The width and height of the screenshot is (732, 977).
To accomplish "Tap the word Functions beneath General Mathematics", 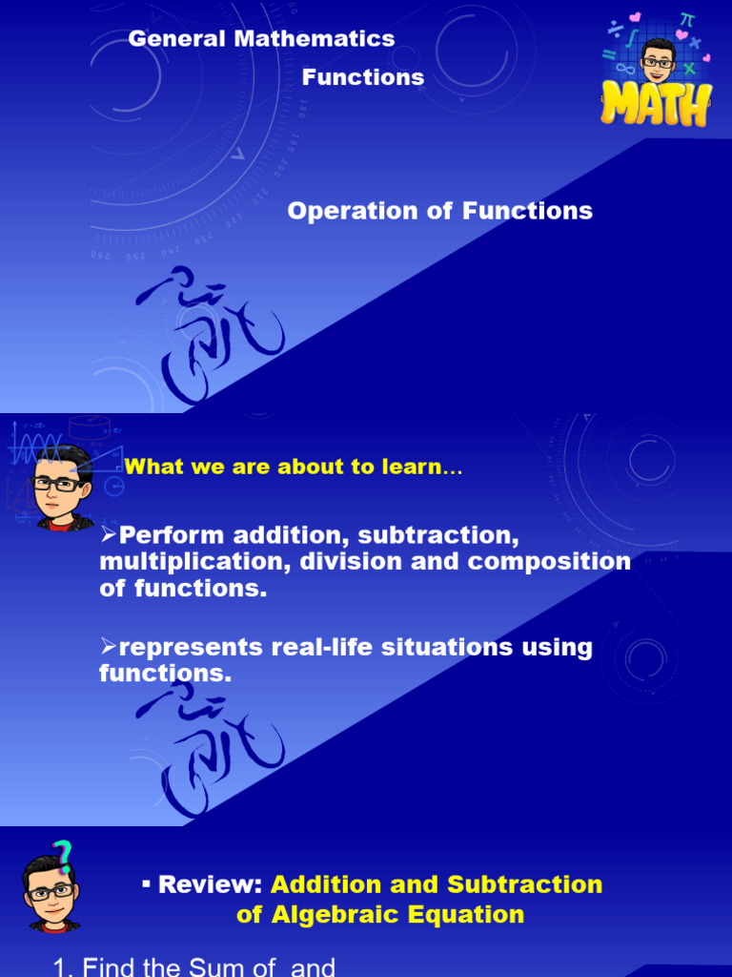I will pyautogui.click(x=363, y=78).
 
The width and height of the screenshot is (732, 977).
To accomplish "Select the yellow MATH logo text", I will pyautogui.click(x=657, y=104).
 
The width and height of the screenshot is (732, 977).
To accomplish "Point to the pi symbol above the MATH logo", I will pyautogui.click(x=686, y=20).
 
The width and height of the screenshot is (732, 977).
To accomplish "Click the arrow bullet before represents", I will pyautogui.click(x=108, y=646).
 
